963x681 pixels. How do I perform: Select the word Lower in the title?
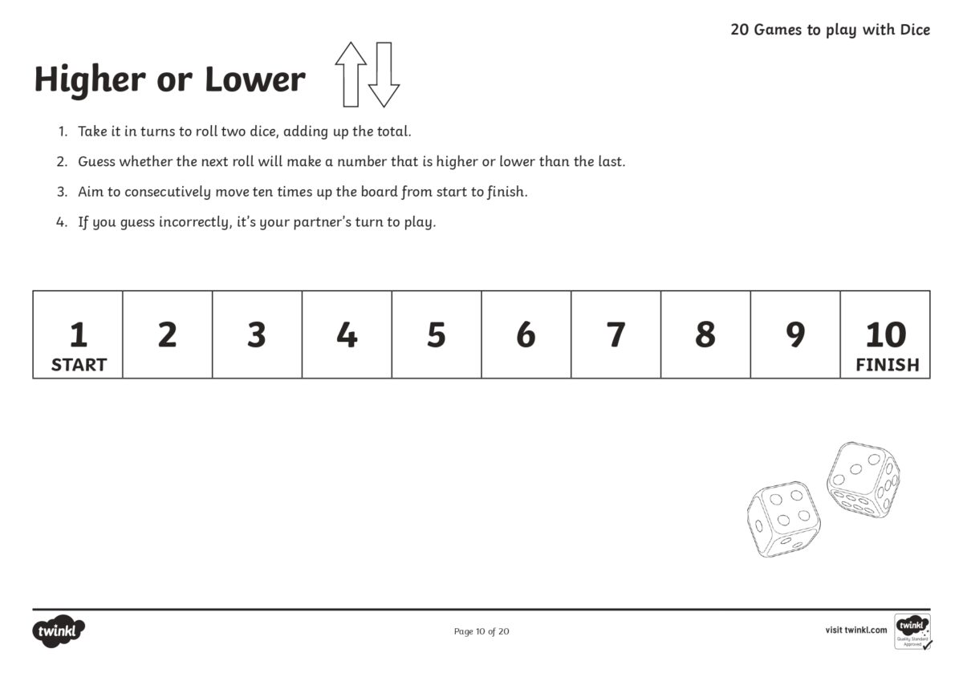[254, 79]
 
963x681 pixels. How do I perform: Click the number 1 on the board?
[78, 334]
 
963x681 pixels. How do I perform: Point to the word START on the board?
[79, 365]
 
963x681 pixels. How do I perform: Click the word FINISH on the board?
[887, 365]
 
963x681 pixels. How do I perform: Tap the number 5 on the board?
[436, 334]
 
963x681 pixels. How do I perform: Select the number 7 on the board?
[616, 334]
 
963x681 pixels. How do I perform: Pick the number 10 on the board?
[885, 334]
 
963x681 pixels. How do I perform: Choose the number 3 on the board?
[257, 334]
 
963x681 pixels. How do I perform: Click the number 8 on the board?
[705, 334]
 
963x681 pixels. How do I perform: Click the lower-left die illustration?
[783, 520]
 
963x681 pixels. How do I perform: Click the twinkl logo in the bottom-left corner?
[59, 631]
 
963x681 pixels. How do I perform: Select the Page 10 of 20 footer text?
[481, 631]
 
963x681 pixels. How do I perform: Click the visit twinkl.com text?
[855, 630]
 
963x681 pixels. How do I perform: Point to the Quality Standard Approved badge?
[913, 632]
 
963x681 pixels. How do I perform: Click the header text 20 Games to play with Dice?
[830, 30]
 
